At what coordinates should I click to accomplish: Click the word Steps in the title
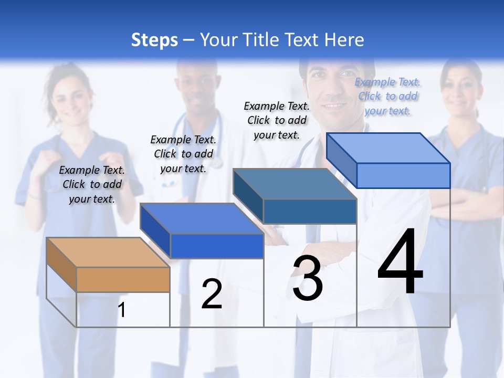click(154, 40)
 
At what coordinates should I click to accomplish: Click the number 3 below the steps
click(308, 278)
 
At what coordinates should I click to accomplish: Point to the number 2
click(212, 294)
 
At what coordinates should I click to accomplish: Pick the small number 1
click(122, 310)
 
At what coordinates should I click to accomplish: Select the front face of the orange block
click(123, 279)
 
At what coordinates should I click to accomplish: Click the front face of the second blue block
click(216, 246)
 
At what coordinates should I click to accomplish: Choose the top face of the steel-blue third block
click(294, 184)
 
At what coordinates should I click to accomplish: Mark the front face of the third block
click(309, 211)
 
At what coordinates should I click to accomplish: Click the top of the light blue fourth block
click(388, 148)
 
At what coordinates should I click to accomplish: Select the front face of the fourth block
click(403, 175)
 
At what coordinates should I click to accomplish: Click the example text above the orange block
click(92, 184)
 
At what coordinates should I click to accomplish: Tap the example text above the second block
click(183, 154)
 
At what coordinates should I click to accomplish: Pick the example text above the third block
click(277, 120)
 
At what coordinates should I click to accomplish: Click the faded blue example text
click(387, 96)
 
